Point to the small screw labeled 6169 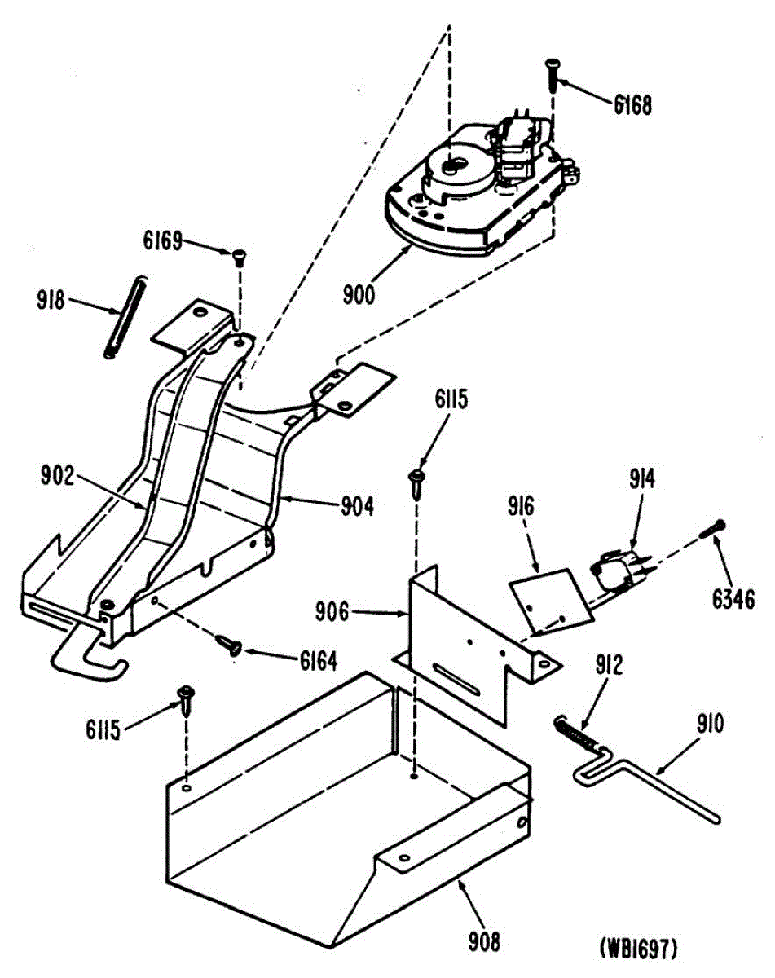pyautogui.click(x=239, y=257)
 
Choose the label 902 pyautogui.click(x=59, y=477)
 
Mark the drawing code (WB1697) pyautogui.click(x=639, y=949)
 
